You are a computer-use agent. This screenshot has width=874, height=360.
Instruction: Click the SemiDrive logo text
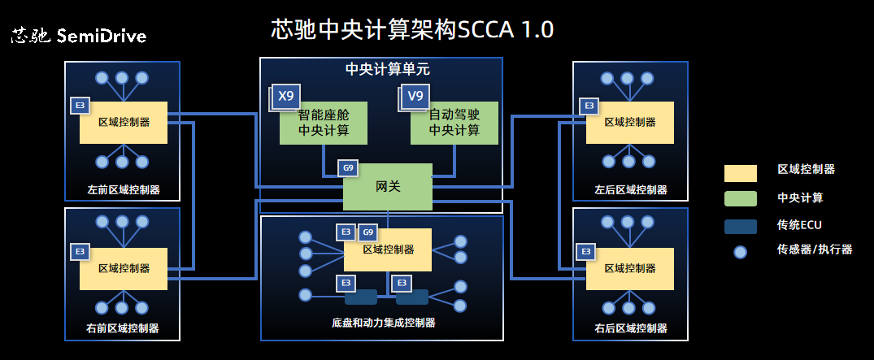[x=79, y=37]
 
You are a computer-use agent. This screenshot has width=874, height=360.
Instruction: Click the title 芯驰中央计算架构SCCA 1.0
[x=412, y=30]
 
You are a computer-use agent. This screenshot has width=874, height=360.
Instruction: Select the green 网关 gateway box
[x=388, y=186]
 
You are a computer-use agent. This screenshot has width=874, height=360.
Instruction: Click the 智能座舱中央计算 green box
[x=324, y=124]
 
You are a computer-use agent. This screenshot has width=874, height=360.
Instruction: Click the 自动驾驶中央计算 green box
[x=454, y=124]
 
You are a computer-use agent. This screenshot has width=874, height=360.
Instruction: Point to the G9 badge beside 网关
[x=348, y=168]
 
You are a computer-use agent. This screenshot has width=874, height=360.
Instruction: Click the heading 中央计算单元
[x=381, y=69]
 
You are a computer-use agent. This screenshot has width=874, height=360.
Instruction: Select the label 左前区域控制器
[x=123, y=190]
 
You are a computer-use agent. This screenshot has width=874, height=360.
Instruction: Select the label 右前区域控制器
[x=123, y=328]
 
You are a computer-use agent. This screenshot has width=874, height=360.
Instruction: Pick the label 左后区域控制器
[x=630, y=190]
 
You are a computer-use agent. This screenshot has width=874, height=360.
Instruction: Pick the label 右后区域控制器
[x=630, y=328]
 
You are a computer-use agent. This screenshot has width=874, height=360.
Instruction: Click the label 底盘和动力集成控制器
[x=384, y=323]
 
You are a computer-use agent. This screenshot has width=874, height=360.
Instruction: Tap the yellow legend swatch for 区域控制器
[x=740, y=172]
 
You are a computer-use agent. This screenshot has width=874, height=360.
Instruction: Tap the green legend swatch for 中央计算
[x=740, y=199]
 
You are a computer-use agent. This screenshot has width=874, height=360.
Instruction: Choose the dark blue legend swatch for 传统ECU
[x=740, y=226]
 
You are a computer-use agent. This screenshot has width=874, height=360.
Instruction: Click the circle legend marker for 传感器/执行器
[x=740, y=252]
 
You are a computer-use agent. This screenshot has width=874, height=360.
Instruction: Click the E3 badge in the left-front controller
[x=80, y=106]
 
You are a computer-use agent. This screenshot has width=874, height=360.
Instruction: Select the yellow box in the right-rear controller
[x=629, y=268]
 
